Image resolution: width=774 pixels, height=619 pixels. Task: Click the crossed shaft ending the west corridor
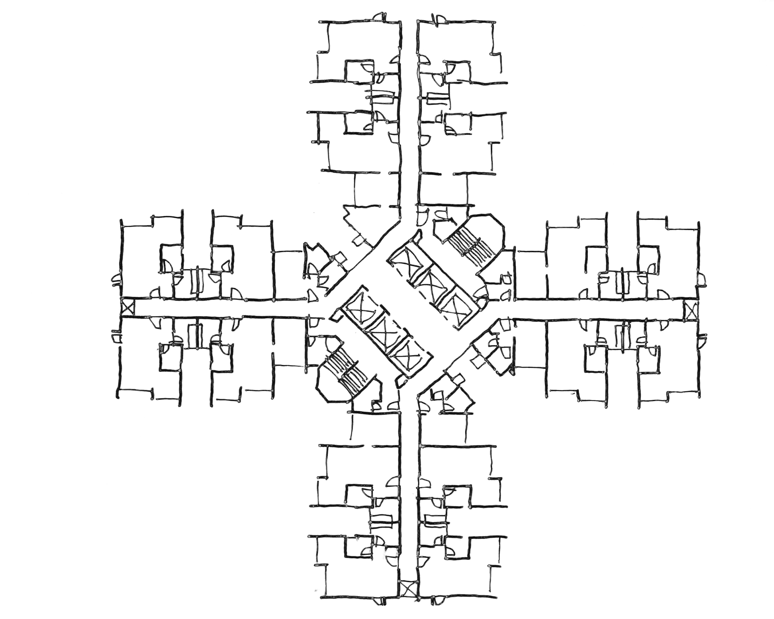pos(127,308)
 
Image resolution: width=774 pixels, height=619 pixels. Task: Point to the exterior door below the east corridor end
pos(702,340)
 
